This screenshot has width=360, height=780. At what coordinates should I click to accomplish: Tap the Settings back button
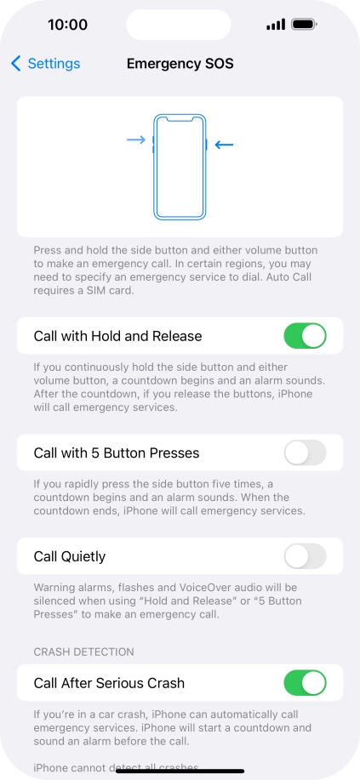tap(46, 64)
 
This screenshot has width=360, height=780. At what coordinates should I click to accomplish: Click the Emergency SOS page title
tap(180, 64)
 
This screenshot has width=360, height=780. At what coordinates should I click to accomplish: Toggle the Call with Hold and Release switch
tap(305, 336)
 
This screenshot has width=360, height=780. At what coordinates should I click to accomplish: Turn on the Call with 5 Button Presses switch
tap(305, 453)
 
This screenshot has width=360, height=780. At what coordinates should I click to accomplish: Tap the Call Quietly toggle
tap(305, 556)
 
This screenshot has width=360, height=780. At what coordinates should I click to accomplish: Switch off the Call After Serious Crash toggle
tap(305, 683)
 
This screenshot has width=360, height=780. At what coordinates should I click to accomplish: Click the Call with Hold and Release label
tap(117, 336)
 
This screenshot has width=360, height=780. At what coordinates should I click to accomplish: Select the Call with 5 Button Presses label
tap(115, 453)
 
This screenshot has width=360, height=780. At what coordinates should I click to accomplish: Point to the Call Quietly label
tap(70, 556)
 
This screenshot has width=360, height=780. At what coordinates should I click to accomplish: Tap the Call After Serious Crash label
tap(109, 683)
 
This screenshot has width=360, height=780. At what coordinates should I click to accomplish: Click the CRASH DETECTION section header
tap(84, 652)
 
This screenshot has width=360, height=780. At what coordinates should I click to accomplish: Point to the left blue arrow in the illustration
tap(136, 139)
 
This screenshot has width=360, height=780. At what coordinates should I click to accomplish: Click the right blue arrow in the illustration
tap(224, 145)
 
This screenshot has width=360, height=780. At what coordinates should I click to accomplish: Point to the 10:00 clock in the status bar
tap(67, 25)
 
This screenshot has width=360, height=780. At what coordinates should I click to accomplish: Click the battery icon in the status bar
tap(305, 25)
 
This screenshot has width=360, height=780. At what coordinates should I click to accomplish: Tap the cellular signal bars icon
tap(275, 25)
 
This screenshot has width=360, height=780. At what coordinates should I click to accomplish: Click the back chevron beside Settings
tap(16, 64)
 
